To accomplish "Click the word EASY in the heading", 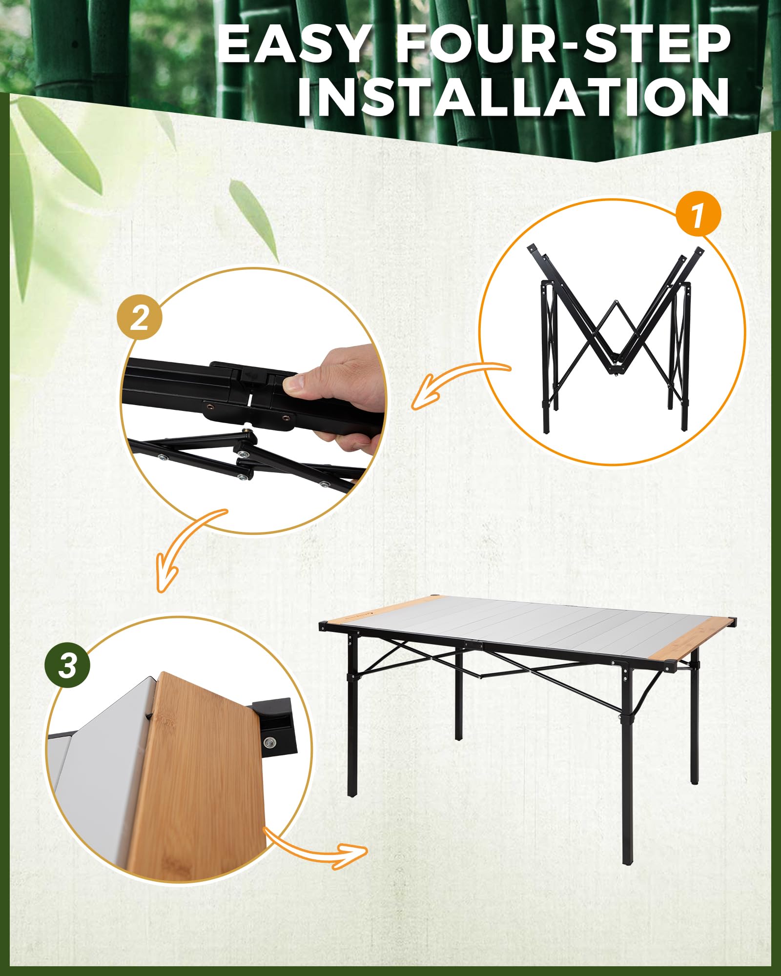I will [x=293, y=45].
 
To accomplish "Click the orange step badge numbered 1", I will [x=698, y=215].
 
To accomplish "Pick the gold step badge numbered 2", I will [x=140, y=318].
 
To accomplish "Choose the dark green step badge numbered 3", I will [x=68, y=665].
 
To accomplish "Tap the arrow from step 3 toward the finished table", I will [x=317, y=850].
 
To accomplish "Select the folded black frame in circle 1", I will [x=615, y=337].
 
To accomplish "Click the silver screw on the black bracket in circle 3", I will [x=268, y=743].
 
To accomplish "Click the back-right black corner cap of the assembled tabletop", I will [x=732, y=622].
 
